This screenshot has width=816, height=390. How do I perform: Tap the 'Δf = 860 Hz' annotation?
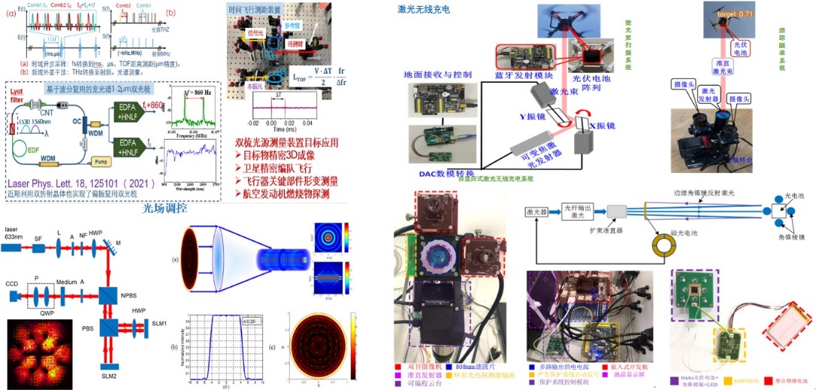189,92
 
